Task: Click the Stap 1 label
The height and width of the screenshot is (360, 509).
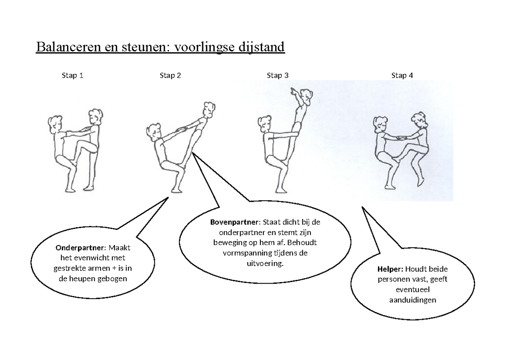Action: [x=73, y=76]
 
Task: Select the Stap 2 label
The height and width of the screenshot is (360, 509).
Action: [x=171, y=76]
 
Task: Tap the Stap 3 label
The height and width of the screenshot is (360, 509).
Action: [x=278, y=76]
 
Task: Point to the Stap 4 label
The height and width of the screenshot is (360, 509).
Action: [x=402, y=76]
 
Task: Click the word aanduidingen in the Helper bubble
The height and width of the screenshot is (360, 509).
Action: [x=412, y=300]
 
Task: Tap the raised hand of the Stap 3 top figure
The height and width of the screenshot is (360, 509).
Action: [x=293, y=90]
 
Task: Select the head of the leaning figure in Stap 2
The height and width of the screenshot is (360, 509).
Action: [x=208, y=109]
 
